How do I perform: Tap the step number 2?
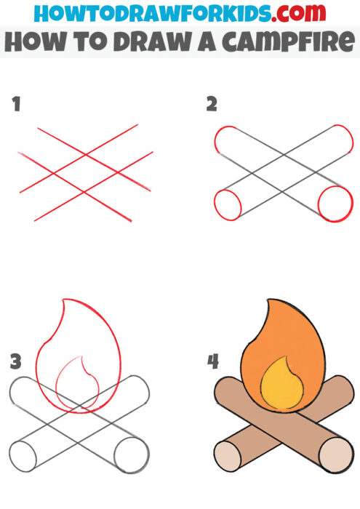(212, 105)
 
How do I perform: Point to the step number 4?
(213, 361)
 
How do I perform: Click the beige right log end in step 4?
(335, 454)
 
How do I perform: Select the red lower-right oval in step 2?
(335, 203)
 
